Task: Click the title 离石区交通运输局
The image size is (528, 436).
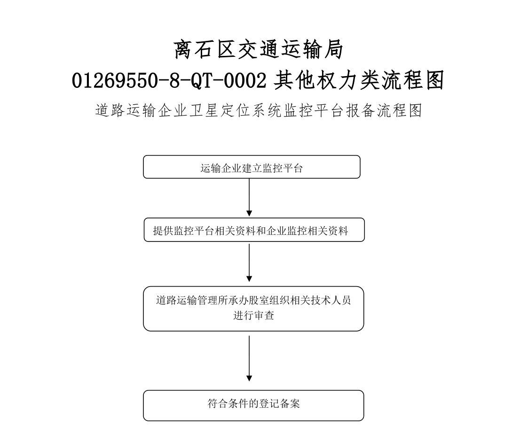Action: (x=258, y=49)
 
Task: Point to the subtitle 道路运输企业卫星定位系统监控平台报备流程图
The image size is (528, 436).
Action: (x=259, y=110)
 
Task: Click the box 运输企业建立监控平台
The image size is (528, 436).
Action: (x=252, y=167)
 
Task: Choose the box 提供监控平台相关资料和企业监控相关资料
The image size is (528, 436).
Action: (x=254, y=230)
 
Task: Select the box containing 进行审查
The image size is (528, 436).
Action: (x=253, y=309)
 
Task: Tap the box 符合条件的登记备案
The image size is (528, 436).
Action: (x=253, y=405)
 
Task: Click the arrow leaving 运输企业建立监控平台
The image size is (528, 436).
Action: (x=249, y=197)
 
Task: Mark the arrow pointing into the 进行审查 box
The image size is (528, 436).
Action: (x=249, y=263)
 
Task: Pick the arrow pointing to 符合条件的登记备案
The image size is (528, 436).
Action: (x=249, y=358)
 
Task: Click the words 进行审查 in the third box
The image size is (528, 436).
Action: (x=253, y=316)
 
